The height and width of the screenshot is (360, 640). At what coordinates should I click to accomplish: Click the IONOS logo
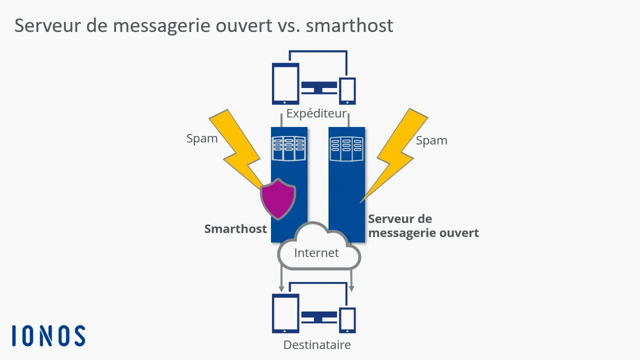(48, 335)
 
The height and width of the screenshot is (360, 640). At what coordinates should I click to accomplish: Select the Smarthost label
(235, 229)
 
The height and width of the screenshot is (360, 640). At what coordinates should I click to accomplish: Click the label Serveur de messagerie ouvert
(423, 226)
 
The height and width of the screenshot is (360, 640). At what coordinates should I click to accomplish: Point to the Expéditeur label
(316, 113)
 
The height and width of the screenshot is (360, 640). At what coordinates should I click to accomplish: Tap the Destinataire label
(317, 344)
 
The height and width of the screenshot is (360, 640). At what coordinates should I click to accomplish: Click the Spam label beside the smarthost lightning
(202, 138)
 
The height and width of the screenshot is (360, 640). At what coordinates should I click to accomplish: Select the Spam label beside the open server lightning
(431, 140)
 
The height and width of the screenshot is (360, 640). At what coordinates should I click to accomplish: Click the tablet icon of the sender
(285, 83)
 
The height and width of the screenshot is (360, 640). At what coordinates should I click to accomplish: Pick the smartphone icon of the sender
(347, 90)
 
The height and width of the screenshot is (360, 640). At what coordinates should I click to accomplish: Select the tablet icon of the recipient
(285, 314)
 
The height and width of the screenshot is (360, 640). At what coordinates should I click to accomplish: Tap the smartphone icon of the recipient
(347, 320)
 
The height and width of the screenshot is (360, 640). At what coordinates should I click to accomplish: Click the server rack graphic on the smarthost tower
(288, 148)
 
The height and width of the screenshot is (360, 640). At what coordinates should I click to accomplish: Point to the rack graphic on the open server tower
(346, 148)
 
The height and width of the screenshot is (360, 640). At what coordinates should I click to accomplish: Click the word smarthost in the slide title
(349, 25)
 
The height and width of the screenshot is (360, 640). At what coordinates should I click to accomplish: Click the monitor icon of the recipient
(319, 317)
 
